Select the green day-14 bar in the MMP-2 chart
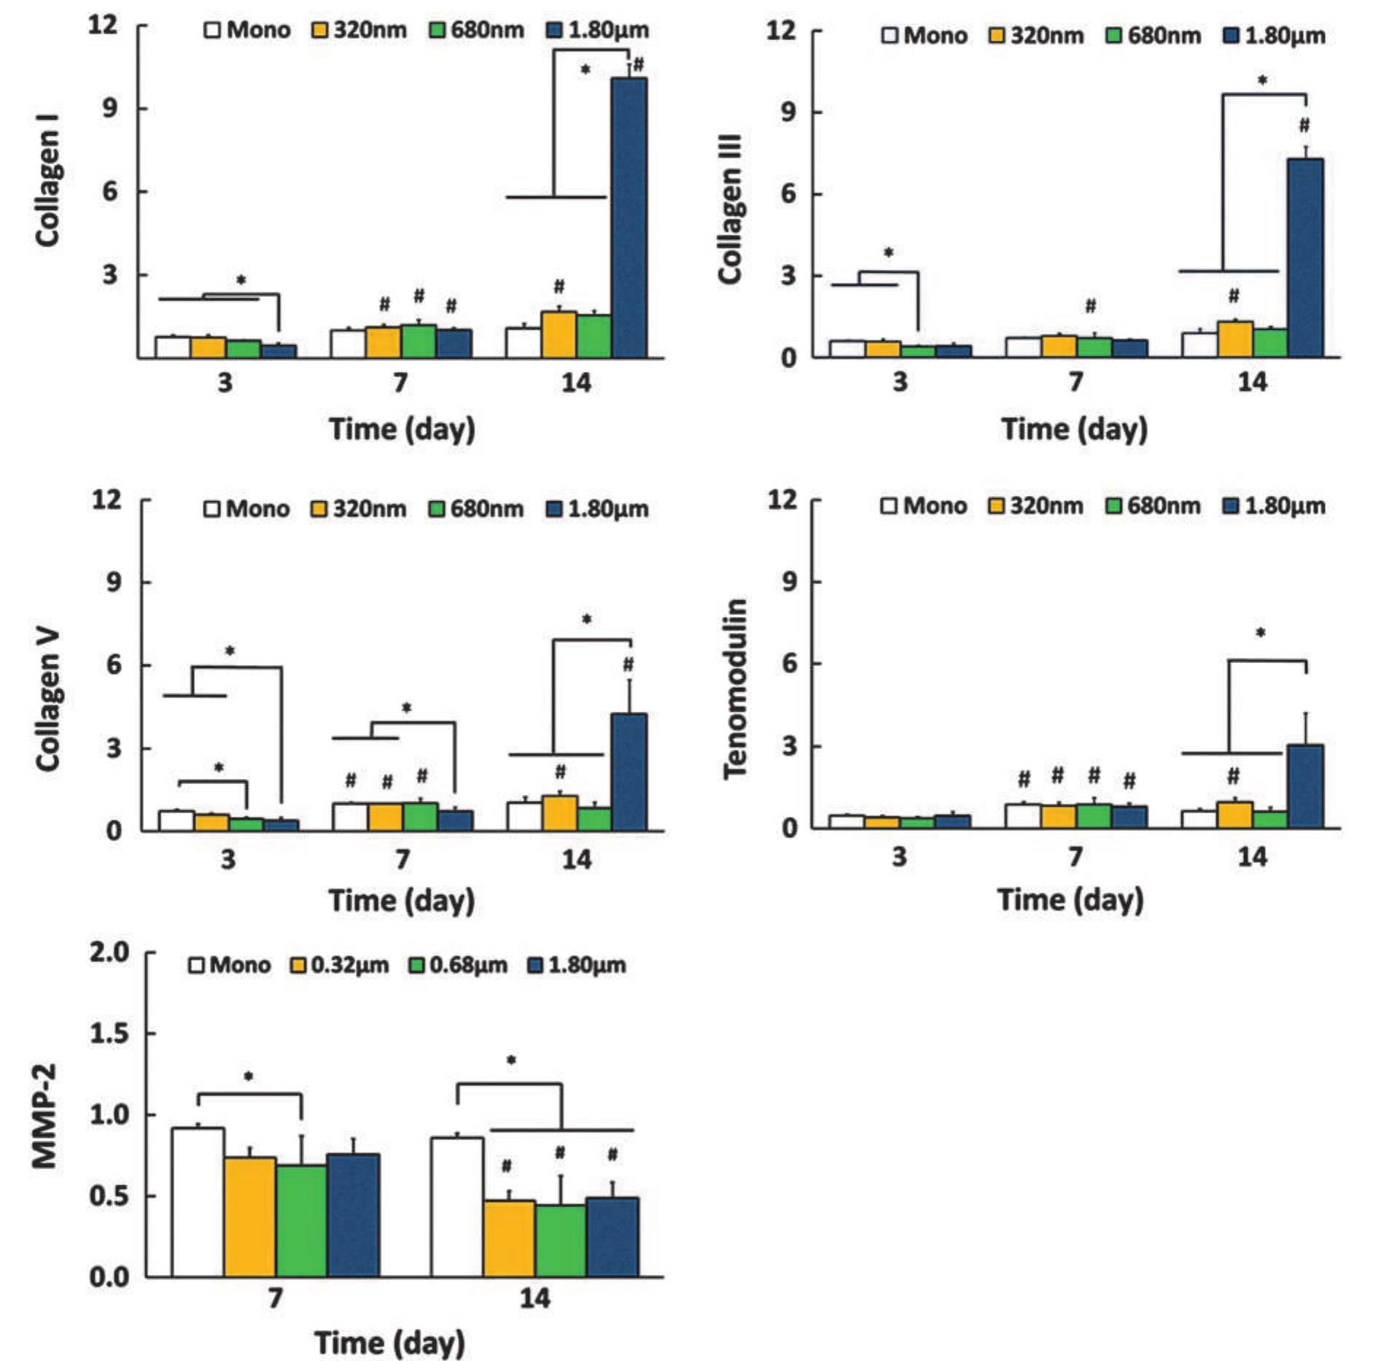(x=560, y=1240)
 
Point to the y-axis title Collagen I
(x=48, y=180)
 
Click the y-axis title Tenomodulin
(x=735, y=689)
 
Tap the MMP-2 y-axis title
(x=45, y=1116)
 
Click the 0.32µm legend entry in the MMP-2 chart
(x=340, y=965)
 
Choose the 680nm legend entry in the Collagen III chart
(x=1154, y=36)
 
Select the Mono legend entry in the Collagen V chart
(x=247, y=508)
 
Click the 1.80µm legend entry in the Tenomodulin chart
(x=1274, y=505)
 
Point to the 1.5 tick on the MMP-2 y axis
(x=109, y=1034)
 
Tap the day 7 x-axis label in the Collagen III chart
(x=1076, y=381)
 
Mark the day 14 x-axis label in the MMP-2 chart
(x=534, y=1298)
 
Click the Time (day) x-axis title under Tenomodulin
(x=1070, y=899)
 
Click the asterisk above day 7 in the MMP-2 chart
(x=249, y=1077)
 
